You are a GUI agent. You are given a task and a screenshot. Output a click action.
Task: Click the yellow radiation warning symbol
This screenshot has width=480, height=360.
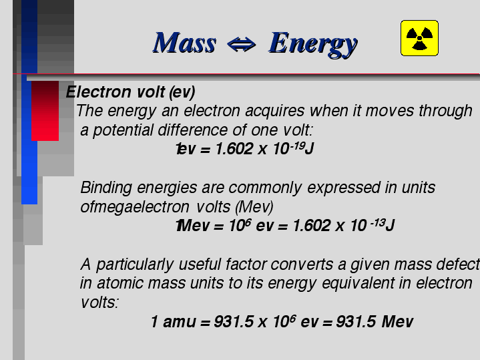pyautogui.click(x=419, y=38)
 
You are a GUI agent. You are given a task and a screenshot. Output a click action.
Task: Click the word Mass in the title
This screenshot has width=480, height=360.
pyautogui.click(x=185, y=43)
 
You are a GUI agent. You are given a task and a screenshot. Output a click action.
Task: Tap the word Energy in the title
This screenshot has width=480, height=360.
pyautogui.click(x=313, y=44)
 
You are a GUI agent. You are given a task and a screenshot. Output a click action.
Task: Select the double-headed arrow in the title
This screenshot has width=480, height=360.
pyautogui.click(x=241, y=45)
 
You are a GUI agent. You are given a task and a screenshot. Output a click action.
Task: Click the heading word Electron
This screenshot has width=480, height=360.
pyautogui.click(x=99, y=92)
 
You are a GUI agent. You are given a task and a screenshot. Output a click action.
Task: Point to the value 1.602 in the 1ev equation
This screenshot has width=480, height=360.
pyautogui.click(x=234, y=149)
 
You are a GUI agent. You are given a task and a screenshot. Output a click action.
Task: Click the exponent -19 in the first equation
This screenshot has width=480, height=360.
pyautogui.click(x=297, y=146)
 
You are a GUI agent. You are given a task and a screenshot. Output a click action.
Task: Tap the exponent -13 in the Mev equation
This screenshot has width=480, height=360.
pyautogui.click(x=377, y=222)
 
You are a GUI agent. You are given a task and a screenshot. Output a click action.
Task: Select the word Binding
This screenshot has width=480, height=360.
pyautogui.click(x=106, y=188)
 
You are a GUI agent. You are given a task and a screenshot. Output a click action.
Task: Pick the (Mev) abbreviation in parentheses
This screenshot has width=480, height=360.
pyautogui.click(x=254, y=207)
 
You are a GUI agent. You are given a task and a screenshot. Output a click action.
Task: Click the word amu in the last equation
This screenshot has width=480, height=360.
pyautogui.click(x=180, y=322)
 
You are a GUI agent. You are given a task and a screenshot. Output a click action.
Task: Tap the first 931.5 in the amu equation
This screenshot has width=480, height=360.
pyautogui.click(x=234, y=322)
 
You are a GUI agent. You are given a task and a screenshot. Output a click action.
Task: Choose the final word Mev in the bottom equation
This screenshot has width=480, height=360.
pyautogui.click(x=397, y=322)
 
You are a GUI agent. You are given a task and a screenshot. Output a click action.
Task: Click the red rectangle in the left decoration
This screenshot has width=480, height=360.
pyautogui.click(x=45, y=111)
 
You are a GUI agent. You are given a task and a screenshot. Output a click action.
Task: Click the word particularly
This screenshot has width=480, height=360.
pyautogui.click(x=135, y=264)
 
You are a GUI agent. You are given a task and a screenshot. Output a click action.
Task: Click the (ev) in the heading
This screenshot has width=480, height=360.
pyautogui.click(x=182, y=92)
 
